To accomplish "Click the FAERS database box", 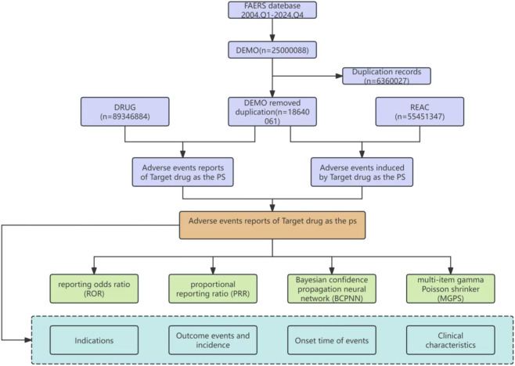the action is pos(272,10).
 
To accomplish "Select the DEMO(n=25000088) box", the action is pos(272,50).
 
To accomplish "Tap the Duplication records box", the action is pos(387,76).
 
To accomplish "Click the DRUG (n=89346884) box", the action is pos(124,112).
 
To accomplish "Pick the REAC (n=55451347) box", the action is pos(420,112).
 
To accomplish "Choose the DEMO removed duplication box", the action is pos(272,112).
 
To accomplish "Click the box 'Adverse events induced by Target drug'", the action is pos(362,172).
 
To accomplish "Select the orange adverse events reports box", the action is pos(272,225).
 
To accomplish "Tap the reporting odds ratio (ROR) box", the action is pos(94,289).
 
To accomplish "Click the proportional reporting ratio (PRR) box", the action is pos(213,289).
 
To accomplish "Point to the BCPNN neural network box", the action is pos(332,289).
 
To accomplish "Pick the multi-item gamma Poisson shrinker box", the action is pos(451,289).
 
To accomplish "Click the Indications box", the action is pos(94,340).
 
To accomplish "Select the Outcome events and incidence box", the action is pos(213,340).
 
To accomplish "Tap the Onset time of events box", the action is pos(332,340).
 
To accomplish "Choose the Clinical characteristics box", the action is pos(451,340).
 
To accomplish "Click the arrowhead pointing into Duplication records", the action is pos(339,76).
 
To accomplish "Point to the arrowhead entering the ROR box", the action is pos(94,271).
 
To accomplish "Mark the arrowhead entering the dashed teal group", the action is pos(28,340).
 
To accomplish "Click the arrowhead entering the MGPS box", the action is pos(451,271).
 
